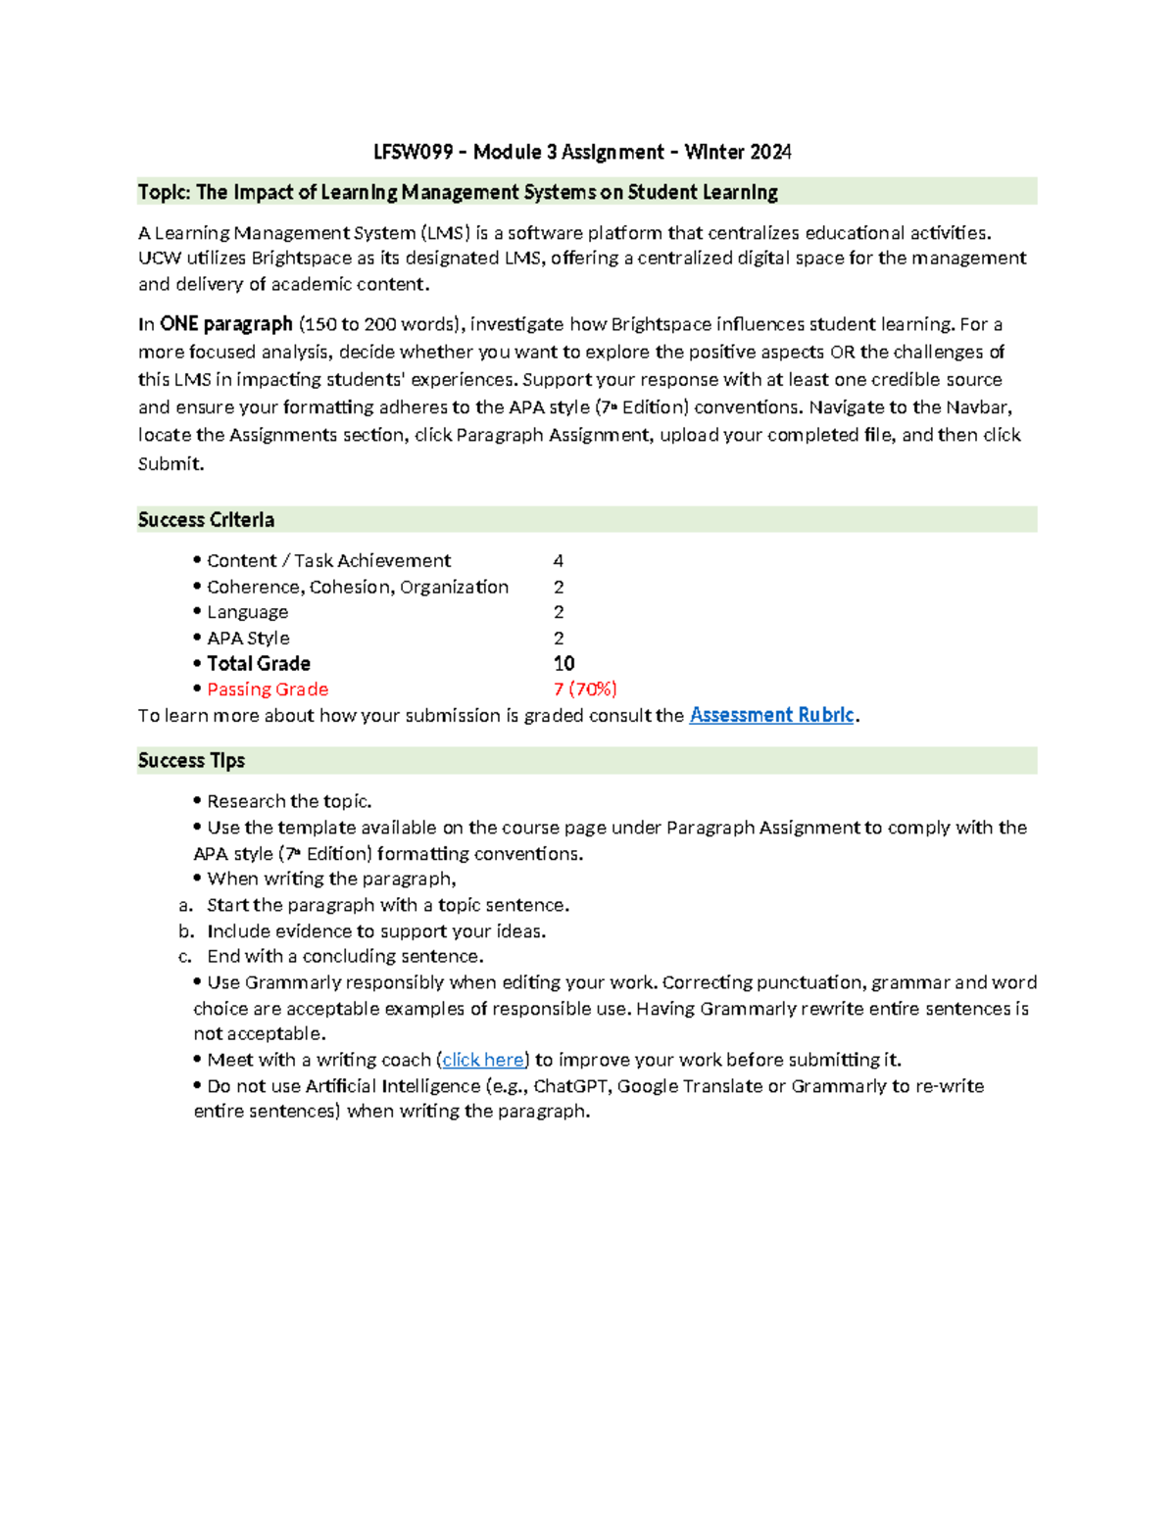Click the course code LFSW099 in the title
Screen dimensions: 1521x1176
coord(413,152)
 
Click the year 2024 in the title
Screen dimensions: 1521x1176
coord(770,152)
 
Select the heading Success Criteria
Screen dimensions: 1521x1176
coord(206,520)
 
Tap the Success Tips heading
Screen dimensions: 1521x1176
coord(191,761)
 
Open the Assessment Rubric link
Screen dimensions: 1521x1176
coord(771,715)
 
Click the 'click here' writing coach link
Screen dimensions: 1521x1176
coord(483,1060)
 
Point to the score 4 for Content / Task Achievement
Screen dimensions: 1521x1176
coord(558,561)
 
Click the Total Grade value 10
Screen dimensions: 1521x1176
coord(563,664)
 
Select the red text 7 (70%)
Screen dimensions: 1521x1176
coord(585,689)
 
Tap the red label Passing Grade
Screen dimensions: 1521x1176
coord(267,689)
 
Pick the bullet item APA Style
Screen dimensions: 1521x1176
coord(247,639)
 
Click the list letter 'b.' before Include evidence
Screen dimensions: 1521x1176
coord(186,931)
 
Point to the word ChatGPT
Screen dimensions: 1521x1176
coord(569,1086)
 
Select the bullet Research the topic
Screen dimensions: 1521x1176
coord(288,801)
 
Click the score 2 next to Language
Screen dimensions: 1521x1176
coord(559,612)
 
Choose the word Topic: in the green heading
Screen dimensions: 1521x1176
coord(164,192)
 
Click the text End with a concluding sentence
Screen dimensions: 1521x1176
coord(345,957)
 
